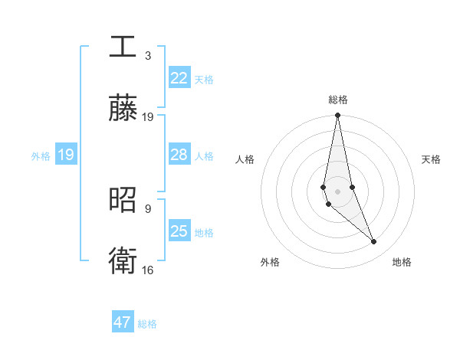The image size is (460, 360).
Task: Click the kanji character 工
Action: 123,45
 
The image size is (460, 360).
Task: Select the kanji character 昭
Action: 123,198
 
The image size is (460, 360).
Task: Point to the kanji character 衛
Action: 123,260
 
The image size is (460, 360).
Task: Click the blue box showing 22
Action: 179,78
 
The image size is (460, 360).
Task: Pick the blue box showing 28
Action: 179,155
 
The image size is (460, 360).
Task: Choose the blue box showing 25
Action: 179,231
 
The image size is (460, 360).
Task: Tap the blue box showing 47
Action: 123,322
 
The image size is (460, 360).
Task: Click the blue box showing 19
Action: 65,155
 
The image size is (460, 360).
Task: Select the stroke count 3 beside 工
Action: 148,56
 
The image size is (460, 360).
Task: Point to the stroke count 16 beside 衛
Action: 148,270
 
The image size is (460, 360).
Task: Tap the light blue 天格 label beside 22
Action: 203,79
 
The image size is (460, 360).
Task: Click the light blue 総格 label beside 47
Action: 147,324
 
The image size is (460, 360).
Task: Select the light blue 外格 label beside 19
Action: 41,155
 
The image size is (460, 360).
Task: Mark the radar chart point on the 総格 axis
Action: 337,116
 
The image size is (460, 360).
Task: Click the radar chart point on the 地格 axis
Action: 374,242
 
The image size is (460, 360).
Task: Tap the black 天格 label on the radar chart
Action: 432,159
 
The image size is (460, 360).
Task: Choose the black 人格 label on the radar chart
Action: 245,159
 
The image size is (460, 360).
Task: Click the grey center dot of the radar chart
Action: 337,191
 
